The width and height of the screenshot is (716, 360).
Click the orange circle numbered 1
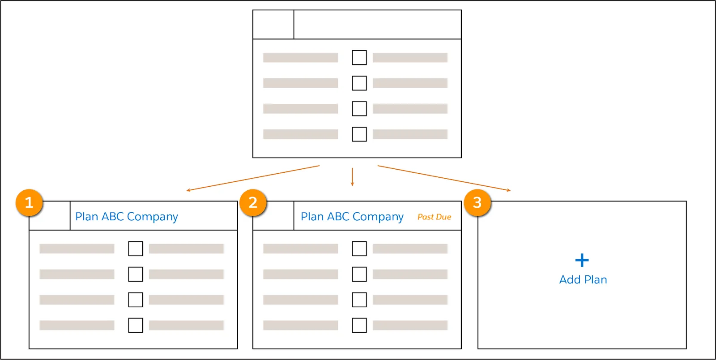[x=29, y=203]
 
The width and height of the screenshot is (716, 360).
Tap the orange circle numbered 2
[x=253, y=203]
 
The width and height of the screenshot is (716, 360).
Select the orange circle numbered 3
[x=477, y=203]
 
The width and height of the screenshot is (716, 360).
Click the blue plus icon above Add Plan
[x=582, y=260]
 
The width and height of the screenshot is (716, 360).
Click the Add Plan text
[x=583, y=280]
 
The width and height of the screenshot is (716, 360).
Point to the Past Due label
[x=434, y=217]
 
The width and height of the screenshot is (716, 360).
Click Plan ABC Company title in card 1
[x=127, y=217]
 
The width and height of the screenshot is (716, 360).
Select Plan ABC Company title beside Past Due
[x=352, y=217]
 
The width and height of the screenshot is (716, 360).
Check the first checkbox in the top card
[x=359, y=57]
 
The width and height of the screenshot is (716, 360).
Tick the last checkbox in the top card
[x=359, y=134]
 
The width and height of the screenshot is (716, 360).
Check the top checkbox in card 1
[x=136, y=249]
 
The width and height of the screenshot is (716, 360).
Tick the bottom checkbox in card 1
[x=136, y=325]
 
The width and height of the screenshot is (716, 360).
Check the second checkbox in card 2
[x=359, y=274]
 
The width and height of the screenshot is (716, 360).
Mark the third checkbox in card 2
[x=359, y=300]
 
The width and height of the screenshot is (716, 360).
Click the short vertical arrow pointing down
[x=352, y=177]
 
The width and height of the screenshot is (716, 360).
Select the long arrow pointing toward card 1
[x=253, y=178]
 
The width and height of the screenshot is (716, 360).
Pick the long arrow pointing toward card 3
[x=444, y=178]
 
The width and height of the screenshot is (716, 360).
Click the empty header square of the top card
[x=273, y=25]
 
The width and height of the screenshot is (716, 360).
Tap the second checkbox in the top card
[x=359, y=83]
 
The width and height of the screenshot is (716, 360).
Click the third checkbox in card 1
[x=136, y=300]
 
